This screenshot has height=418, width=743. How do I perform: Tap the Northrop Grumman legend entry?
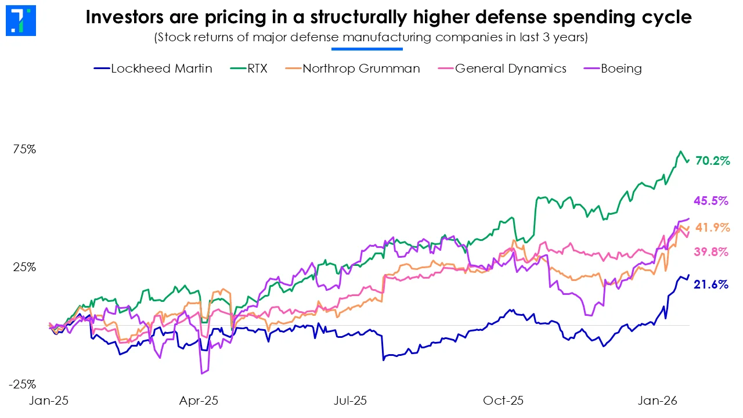point(353,69)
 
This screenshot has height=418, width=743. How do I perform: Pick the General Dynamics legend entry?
point(502,69)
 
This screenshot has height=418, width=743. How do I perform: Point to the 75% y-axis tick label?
point(24,149)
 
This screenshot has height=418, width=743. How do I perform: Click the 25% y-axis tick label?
point(24,268)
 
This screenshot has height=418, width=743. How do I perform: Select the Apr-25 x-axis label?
point(199,401)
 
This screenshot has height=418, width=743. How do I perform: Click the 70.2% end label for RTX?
point(712,161)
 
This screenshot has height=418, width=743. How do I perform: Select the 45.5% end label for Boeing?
point(710,201)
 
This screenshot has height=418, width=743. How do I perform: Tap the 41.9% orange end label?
point(712,228)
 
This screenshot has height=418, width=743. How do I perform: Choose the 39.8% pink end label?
point(710,252)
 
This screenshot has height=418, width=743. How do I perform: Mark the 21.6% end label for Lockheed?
point(710,284)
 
